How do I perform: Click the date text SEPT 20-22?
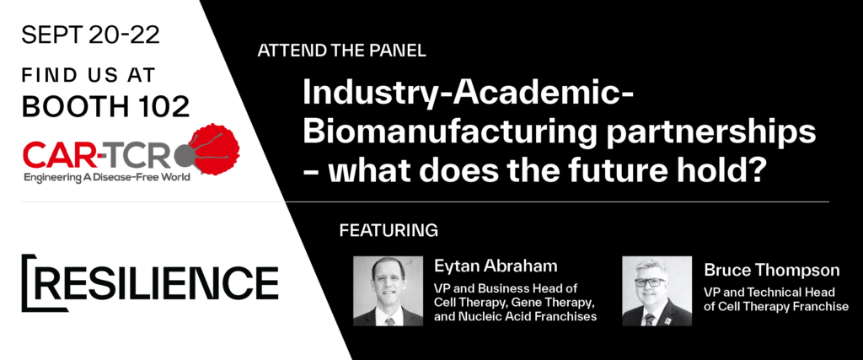tap(91, 35)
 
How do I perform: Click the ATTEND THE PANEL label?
tap(341, 51)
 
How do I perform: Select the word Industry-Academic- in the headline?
tap(467, 94)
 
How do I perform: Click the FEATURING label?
tap(389, 230)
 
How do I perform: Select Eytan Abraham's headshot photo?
tap(388, 291)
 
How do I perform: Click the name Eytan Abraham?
tap(496, 267)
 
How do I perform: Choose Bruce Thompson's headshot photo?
tap(657, 291)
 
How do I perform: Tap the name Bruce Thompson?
tap(772, 271)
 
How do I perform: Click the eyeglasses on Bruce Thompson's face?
tap(650, 282)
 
